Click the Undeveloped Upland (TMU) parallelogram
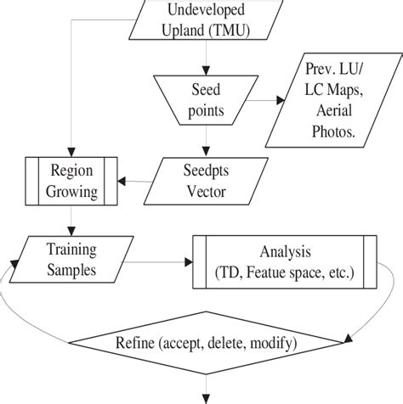pyautogui.click(x=201, y=20)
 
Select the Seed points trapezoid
pyautogui.click(x=202, y=98)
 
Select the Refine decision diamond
pyautogui.click(x=201, y=343)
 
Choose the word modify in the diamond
pyautogui.click(x=265, y=344)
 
